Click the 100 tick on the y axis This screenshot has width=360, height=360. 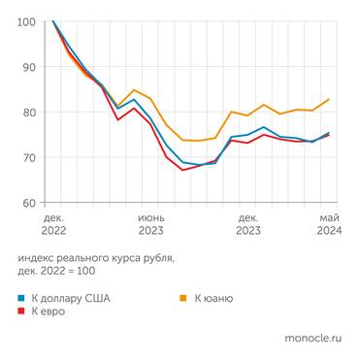point(27,21)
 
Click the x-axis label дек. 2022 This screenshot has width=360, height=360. point(53,225)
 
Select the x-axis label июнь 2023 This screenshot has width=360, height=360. point(150,225)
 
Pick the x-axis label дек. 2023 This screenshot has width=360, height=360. point(248,225)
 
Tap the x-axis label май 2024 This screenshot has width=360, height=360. point(328,225)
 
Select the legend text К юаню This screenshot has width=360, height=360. point(213,298)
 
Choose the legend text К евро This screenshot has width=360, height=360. point(49,311)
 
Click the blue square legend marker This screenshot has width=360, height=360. point(22,298)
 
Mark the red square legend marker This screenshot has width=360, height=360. point(22,311)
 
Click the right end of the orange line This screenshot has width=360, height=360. point(328,99)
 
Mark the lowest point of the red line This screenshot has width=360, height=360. point(182,170)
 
